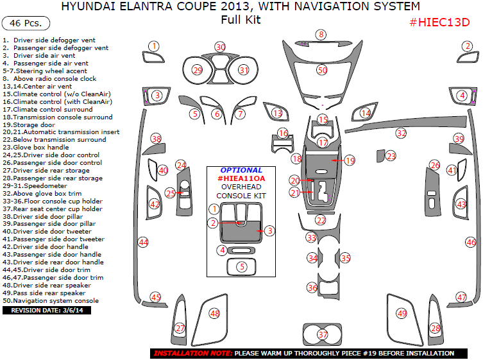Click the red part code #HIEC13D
(x=439, y=22)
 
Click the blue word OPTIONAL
(x=241, y=170)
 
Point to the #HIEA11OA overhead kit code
(x=241, y=178)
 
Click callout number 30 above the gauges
(x=221, y=47)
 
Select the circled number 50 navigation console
(x=322, y=70)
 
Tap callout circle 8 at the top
(x=321, y=35)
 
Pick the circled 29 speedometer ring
(x=198, y=70)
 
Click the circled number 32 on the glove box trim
(x=401, y=133)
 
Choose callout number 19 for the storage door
(x=349, y=160)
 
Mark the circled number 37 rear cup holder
(x=323, y=334)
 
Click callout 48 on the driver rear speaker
(x=214, y=314)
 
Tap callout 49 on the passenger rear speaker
(x=402, y=314)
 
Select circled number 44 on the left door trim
(x=143, y=242)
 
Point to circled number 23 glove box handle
(x=391, y=156)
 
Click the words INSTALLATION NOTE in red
(x=193, y=354)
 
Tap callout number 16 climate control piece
(x=283, y=133)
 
